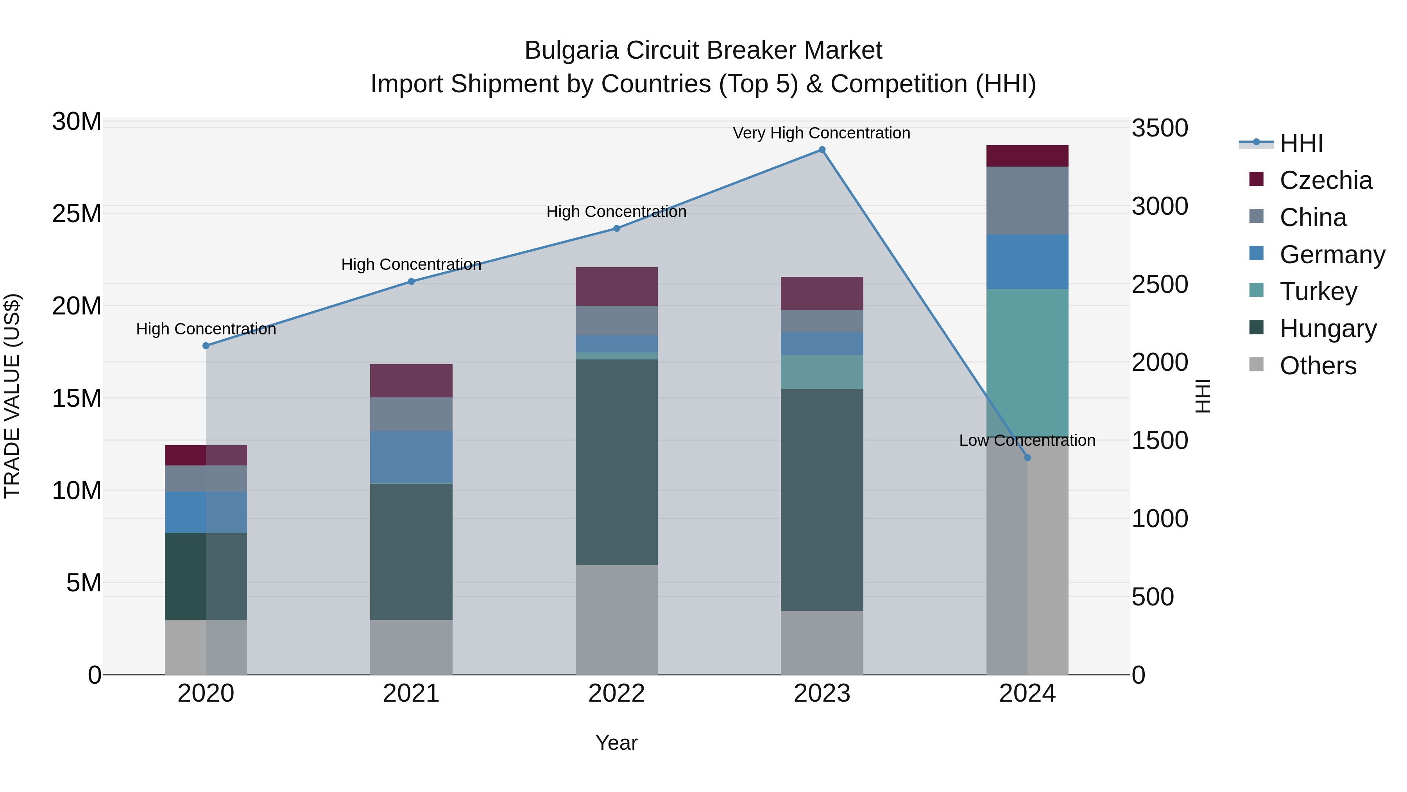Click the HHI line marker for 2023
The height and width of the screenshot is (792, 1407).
pos(822,150)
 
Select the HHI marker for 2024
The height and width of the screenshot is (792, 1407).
pos(1027,458)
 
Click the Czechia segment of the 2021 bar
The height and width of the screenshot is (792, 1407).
pos(411,381)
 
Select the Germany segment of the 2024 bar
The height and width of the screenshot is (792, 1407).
pos(1027,261)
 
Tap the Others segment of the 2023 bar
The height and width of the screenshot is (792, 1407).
pos(822,642)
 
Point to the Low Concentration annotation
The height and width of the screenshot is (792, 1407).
pos(1027,440)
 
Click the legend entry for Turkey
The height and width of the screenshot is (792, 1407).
pos(1318,291)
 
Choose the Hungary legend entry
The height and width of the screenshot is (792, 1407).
pos(1327,329)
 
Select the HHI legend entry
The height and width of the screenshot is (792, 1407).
pos(1301,143)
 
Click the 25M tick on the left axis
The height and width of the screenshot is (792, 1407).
pos(77,214)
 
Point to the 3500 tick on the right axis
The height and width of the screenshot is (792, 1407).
pos(1159,128)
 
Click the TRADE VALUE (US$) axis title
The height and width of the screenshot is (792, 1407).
pos(12,396)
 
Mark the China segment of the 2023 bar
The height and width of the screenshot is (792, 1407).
pos(822,321)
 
